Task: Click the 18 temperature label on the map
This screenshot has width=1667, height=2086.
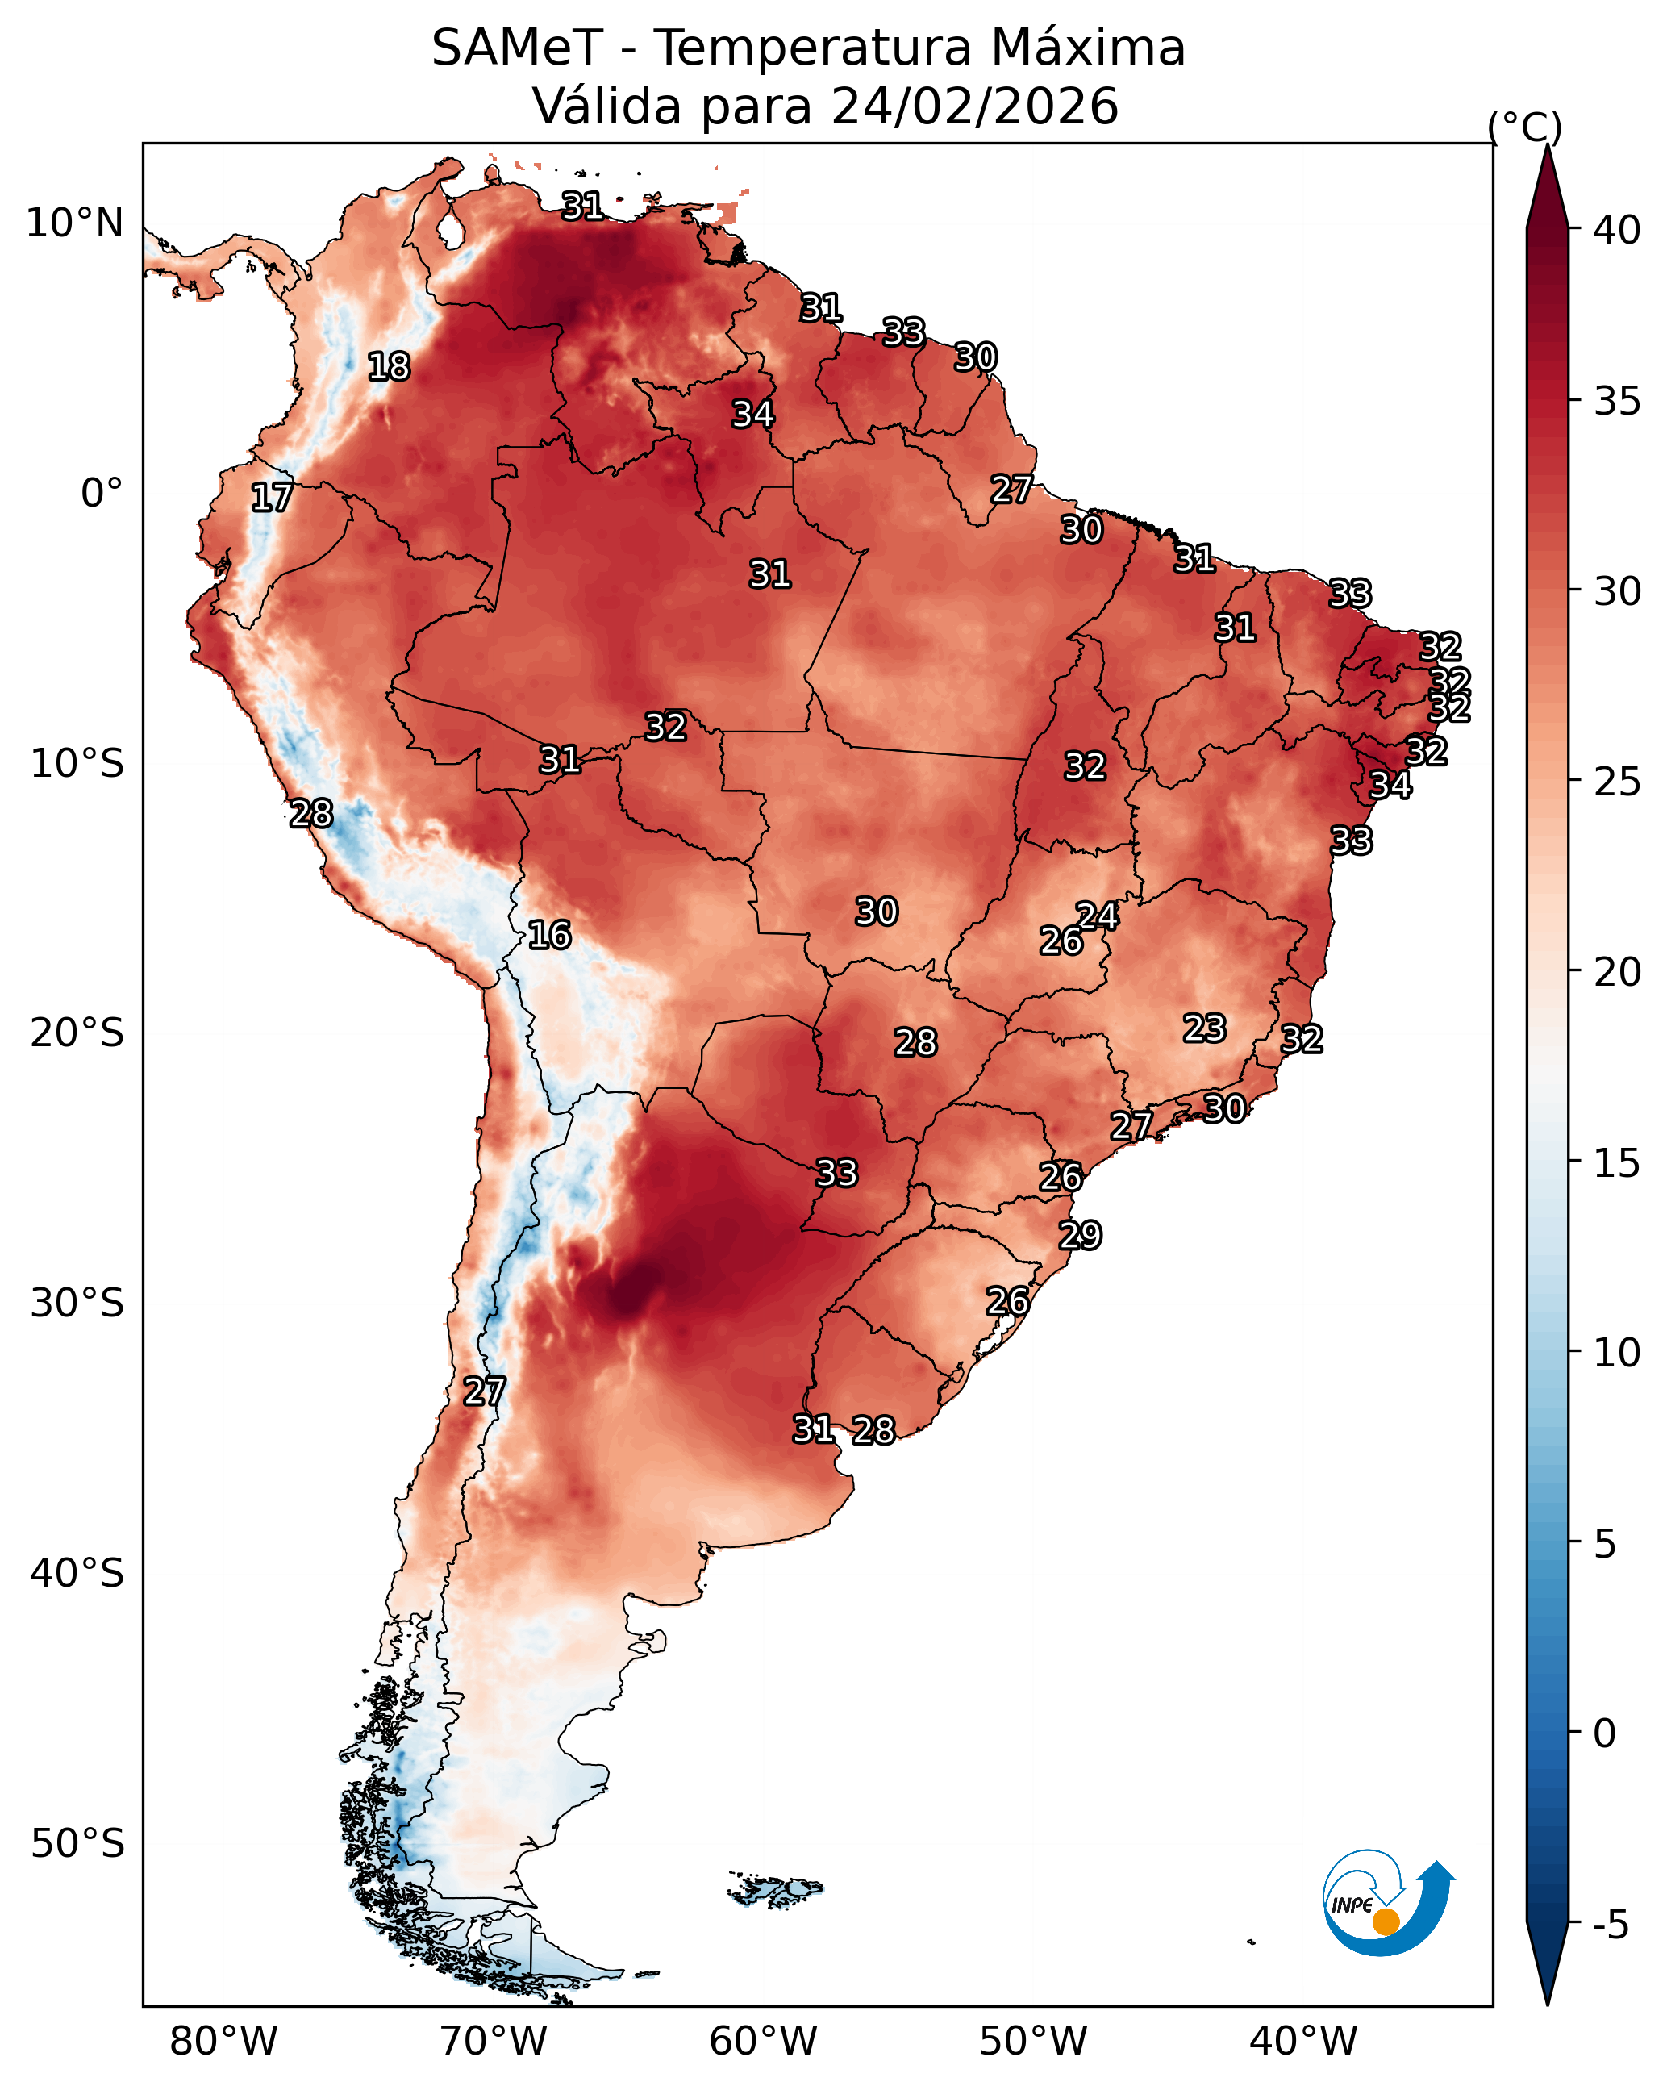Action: coord(389,367)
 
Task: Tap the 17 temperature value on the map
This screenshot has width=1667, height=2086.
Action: coord(272,498)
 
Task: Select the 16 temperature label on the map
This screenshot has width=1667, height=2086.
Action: coord(549,935)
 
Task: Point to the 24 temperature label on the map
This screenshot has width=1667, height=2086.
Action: coord(1098,916)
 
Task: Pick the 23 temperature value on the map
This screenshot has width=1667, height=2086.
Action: coord(1205,1028)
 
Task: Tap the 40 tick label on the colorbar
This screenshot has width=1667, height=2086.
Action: coord(1617,230)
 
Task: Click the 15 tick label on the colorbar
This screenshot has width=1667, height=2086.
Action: coord(1617,1163)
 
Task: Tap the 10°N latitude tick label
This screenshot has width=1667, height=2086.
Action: coord(74,223)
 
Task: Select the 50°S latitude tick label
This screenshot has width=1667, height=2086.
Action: coord(77,1844)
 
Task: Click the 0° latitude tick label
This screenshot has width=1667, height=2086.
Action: coord(102,494)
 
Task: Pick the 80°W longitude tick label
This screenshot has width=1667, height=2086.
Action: coord(223,2041)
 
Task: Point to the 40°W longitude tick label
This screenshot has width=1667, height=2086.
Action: coord(1303,2041)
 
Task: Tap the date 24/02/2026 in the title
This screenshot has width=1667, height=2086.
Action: coord(974,106)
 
